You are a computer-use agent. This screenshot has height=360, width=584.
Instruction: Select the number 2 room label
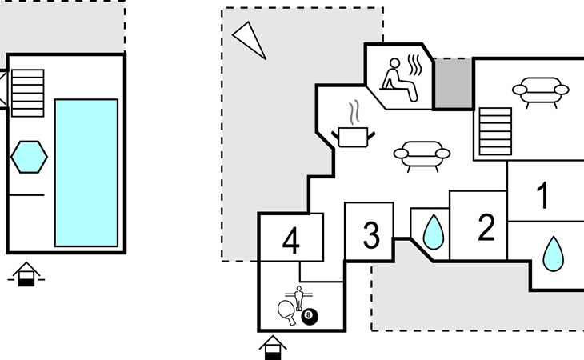click(486, 228)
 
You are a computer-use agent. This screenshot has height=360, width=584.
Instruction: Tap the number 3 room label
click(370, 236)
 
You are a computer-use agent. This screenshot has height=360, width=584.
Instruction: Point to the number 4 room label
click(291, 241)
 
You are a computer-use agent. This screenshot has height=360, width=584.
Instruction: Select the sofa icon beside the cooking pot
click(422, 154)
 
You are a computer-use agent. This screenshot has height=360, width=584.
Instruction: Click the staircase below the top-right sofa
click(494, 130)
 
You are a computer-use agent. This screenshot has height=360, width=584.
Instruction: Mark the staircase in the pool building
click(27, 92)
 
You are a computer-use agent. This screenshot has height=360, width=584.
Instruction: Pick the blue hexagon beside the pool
click(29, 156)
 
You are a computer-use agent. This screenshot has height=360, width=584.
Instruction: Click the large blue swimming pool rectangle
click(86, 172)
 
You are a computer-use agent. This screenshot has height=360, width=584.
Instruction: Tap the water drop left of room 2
click(433, 233)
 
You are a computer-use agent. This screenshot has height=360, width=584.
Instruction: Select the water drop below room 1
click(553, 254)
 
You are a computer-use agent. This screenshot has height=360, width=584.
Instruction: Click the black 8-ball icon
click(310, 317)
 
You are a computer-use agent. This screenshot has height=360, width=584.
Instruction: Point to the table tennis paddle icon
click(286, 311)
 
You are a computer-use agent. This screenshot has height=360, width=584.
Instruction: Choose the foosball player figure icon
click(299, 298)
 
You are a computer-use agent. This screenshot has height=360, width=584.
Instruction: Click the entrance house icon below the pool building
click(26, 274)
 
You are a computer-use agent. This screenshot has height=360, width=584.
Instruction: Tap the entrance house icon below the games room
click(273, 347)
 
